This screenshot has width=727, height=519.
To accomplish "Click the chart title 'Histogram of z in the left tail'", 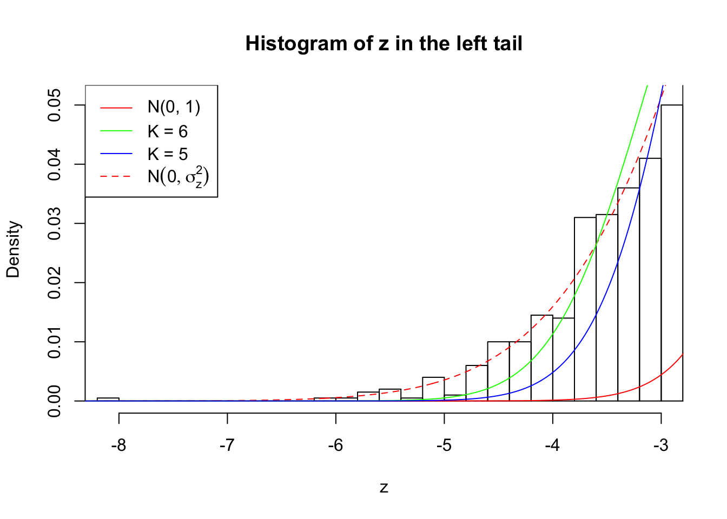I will [x=384, y=43].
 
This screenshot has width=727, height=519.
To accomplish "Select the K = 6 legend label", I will [x=168, y=131].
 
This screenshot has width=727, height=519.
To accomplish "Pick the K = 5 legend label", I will [x=168, y=154].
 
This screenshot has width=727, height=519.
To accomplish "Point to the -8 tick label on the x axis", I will [x=118, y=445].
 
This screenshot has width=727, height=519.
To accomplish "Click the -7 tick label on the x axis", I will [x=227, y=445].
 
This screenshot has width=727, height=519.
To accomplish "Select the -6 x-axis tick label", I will [x=335, y=445].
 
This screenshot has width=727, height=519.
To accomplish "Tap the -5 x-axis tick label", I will [x=444, y=445].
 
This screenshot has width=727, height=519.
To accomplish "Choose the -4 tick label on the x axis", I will [x=552, y=445].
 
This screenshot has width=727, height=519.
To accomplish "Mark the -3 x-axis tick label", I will [x=660, y=445].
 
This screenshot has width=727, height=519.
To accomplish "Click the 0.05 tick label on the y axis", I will [x=55, y=105].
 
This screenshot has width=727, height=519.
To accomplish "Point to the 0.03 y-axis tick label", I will [x=55, y=224].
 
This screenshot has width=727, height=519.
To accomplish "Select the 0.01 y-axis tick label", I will [x=55, y=342].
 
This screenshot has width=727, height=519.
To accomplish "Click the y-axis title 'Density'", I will [x=13, y=249].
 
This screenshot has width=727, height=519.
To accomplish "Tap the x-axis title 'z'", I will [x=384, y=488].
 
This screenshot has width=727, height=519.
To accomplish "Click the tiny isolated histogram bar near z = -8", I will [x=108, y=399].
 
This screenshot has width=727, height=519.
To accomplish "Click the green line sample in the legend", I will [x=116, y=131].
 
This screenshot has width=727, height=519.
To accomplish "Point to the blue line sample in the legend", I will [x=116, y=154].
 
